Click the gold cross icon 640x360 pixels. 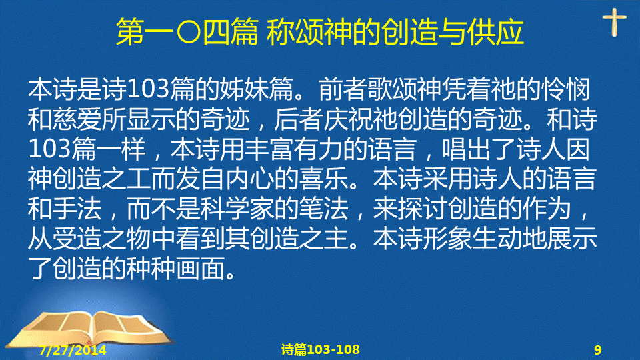(614, 22)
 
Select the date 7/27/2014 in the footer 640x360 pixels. (73, 350)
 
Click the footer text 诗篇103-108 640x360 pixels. (321, 349)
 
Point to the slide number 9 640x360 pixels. (597, 350)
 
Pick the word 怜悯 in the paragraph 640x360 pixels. (566, 89)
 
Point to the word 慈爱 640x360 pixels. (77, 119)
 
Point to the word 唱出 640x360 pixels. (467, 149)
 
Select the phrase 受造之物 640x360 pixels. (101, 239)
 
